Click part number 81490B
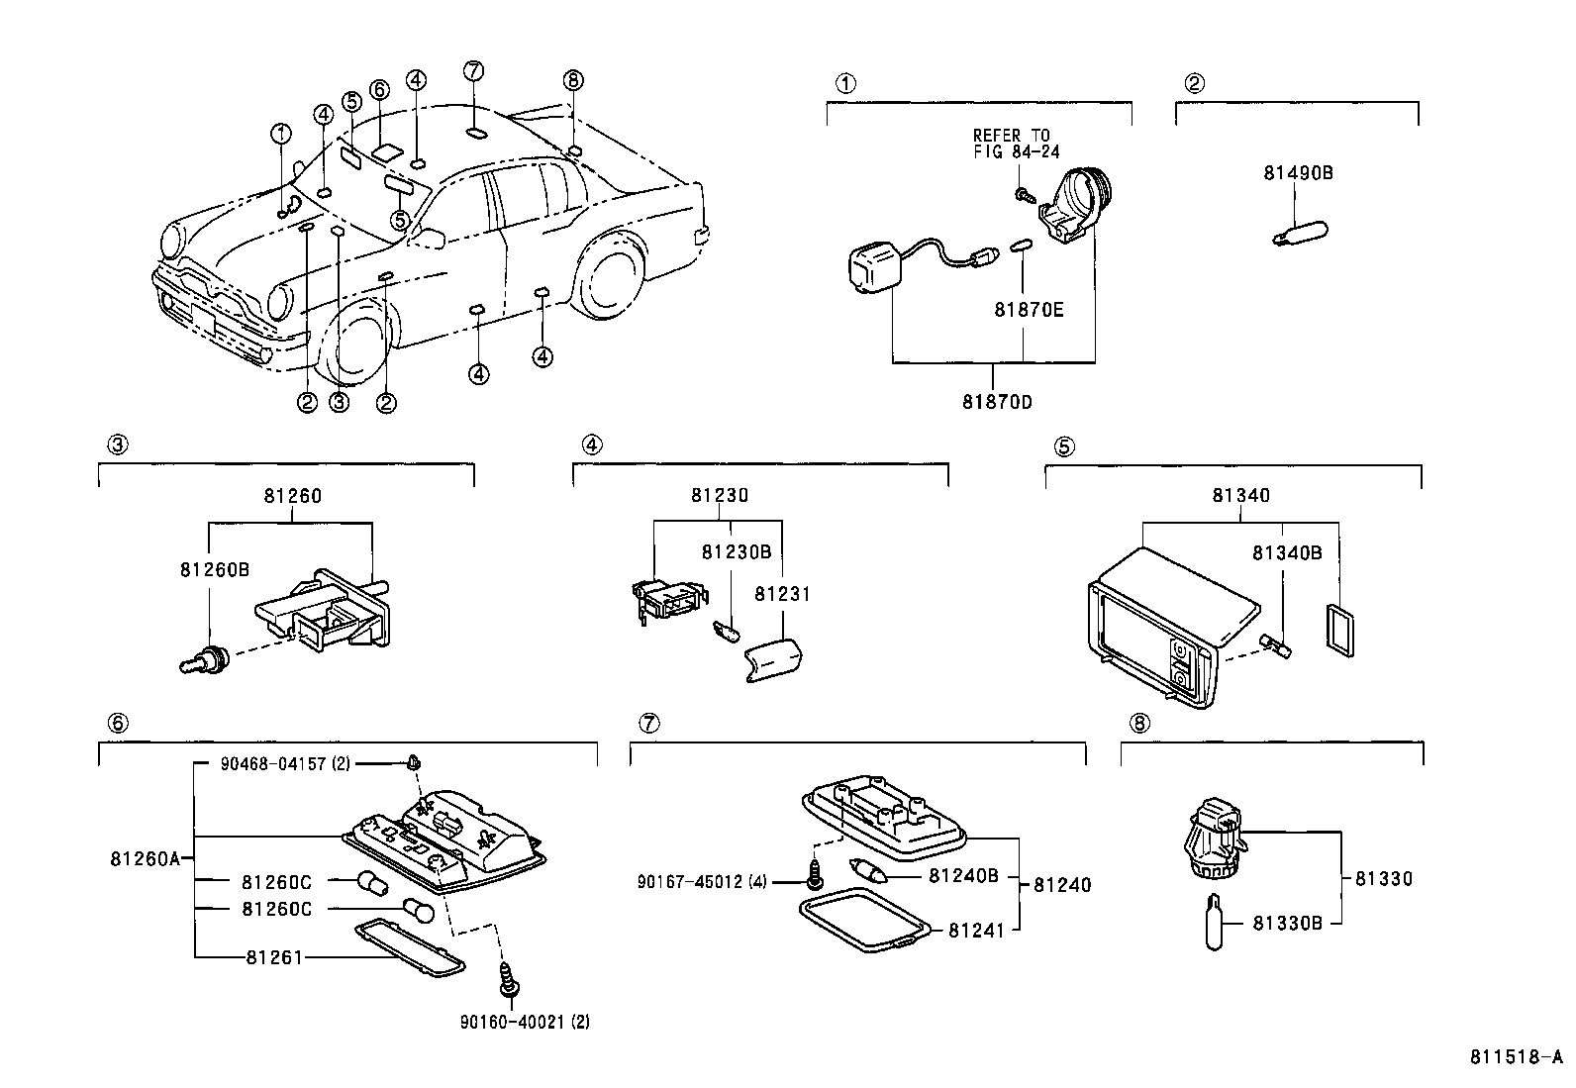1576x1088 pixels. click(x=1298, y=173)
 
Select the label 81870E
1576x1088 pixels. click(x=1029, y=310)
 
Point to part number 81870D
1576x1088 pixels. click(x=997, y=402)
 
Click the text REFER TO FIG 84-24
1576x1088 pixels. click(x=1016, y=144)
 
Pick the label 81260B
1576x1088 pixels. click(x=215, y=569)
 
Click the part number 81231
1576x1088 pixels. click(x=782, y=595)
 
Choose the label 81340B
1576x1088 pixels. click(x=1287, y=553)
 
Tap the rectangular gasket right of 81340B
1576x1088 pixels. click(x=1339, y=631)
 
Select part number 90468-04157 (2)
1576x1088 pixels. click(x=285, y=763)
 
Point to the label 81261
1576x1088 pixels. click(x=273, y=957)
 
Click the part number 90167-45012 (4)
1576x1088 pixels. click(x=702, y=882)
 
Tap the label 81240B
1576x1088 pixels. click(x=964, y=875)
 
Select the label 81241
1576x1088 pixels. click(x=976, y=931)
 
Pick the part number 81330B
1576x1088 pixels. click(x=1288, y=924)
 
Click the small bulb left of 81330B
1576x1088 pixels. click(x=1215, y=922)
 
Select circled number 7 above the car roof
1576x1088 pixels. click(x=473, y=70)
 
